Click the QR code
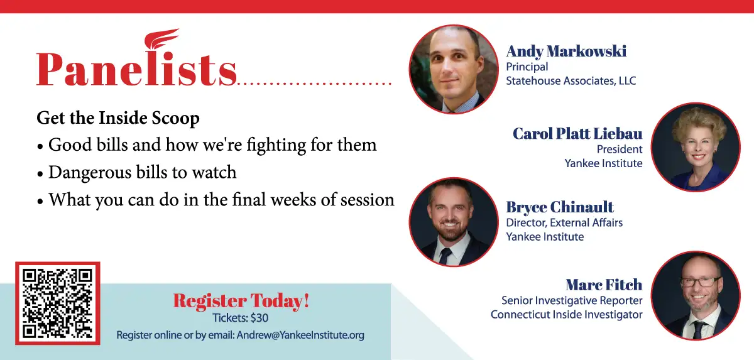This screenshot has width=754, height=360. point(58,303)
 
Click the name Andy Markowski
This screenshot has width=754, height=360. point(566,52)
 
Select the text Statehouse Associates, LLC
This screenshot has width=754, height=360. point(571,81)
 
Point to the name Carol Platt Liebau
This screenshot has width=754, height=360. point(577,134)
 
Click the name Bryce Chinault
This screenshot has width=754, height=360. point(560,207)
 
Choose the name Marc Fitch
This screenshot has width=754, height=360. point(604,285)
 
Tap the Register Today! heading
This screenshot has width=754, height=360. point(241,300)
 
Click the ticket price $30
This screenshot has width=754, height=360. point(259,318)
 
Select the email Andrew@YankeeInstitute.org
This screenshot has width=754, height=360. point(300,335)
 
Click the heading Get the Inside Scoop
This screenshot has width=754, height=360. point(118,118)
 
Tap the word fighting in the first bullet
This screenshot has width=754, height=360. point(276,145)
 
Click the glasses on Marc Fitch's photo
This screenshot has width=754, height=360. point(701,282)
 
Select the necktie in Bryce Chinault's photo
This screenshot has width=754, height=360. point(445,256)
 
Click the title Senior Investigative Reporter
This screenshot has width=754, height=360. point(572,300)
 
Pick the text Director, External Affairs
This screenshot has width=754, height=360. point(564,223)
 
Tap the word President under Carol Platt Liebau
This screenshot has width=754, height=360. point(620,149)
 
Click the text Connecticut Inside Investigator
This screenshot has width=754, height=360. point(567,315)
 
